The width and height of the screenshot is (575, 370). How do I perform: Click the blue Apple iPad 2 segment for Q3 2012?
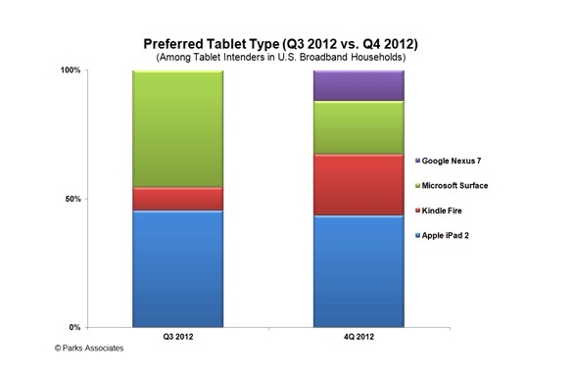(177, 268)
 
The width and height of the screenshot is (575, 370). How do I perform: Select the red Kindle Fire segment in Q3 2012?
(177, 199)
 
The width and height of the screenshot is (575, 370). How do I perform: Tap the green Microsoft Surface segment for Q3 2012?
(177, 128)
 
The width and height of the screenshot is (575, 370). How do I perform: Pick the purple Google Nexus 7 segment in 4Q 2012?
(358, 85)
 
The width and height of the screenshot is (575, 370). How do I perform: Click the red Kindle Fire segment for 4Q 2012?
(358, 184)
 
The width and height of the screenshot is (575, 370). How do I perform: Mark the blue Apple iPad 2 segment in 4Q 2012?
(358, 271)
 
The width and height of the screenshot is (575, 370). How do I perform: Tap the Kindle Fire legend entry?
(451, 210)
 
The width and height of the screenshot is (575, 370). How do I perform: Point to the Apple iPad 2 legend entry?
(454, 236)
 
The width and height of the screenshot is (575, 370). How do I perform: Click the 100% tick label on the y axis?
(70, 70)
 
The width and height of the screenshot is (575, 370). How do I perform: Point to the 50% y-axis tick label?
(72, 199)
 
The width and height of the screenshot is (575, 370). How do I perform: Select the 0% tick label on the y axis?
(75, 327)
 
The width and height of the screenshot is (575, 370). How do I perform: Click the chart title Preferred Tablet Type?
(289, 44)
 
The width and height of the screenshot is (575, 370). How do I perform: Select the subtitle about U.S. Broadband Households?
(289, 59)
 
